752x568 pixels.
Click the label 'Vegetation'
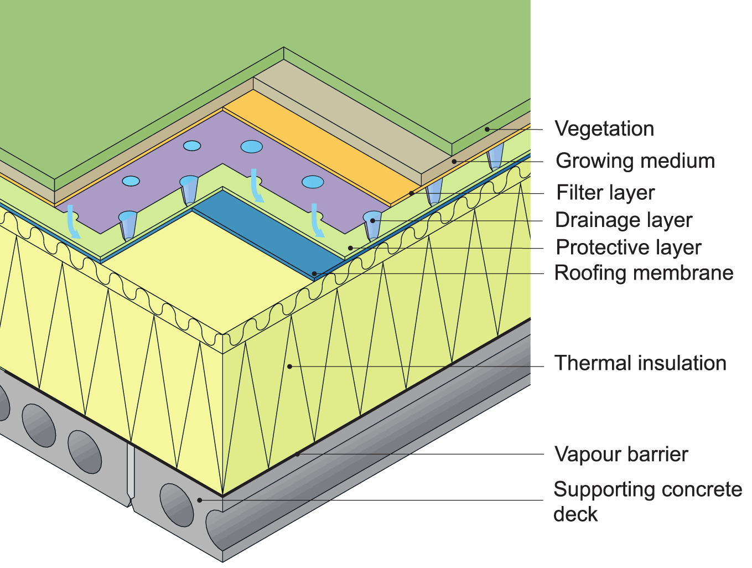click(x=604, y=128)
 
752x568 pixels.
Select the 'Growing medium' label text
click(x=635, y=161)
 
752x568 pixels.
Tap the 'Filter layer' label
click(x=605, y=193)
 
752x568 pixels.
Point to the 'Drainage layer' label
click(x=623, y=220)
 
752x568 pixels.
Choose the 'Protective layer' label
click(x=628, y=247)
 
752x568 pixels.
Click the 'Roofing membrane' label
click(x=644, y=273)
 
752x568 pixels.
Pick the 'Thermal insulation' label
click(x=640, y=363)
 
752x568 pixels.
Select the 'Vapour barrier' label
click(x=621, y=455)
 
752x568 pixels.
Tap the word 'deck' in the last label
click(x=575, y=514)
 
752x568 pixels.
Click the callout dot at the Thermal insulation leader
click(x=289, y=366)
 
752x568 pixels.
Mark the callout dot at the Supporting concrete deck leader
click(x=200, y=500)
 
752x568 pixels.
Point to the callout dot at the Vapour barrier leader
click(x=297, y=454)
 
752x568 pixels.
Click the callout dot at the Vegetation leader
click(x=487, y=130)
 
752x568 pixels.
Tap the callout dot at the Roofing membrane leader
click(x=314, y=273)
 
